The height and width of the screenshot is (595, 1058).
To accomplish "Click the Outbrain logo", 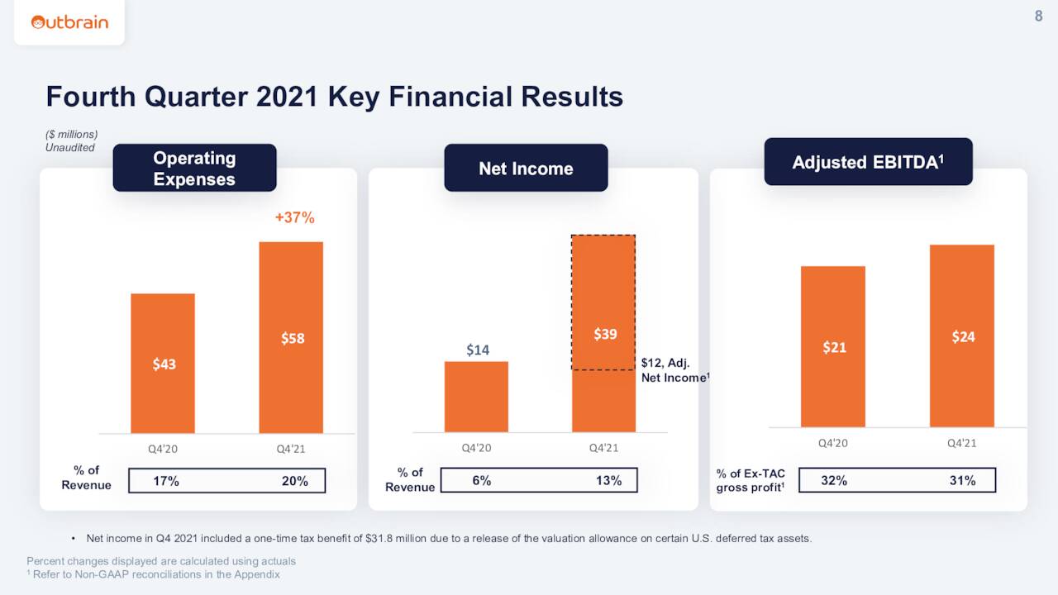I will pyautogui.click(x=69, y=22).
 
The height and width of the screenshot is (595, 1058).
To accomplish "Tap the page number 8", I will pyautogui.click(x=1038, y=16).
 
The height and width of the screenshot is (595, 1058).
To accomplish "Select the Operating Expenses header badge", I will pyautogui.click(x=194, y=169).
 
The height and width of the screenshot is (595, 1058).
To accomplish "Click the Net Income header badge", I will pyautogui.click(x=526, y=169).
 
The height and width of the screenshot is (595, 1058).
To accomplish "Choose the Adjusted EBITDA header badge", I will pyautogui.click(x=868, y=162).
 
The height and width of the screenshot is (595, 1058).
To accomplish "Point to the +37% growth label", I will pyautogui.click(x=294, y=218).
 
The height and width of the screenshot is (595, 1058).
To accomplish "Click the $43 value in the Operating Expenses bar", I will pyautogui.click(x=164, y=364).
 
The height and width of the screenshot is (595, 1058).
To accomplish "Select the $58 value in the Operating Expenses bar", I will pyautogui.click(x=293, y=338).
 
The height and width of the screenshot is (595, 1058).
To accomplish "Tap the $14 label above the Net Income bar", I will pyautogui.click(x=477, y=350).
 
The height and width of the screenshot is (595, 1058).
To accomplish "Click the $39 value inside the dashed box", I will pyautogui.click(x=605, y=334).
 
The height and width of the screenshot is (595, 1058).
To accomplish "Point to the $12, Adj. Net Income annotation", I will pyautogui.click(x=674, y=370).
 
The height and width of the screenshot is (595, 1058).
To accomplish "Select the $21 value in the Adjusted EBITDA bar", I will pyautogui.click(x=834, y=347).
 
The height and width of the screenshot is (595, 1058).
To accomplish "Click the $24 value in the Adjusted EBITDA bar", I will pyautogui.click(x=963, y=336).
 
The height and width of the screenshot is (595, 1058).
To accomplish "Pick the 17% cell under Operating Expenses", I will pyautogui.click(x=166, y=481).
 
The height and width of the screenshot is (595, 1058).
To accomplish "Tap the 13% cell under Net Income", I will pyautogui.click(x=608, y=481).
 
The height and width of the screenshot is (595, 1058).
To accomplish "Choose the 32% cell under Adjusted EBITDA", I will pyautogui.click(x=833, y=480).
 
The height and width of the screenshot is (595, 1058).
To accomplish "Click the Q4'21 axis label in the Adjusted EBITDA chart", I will pyautogui.click(x=961, y=443).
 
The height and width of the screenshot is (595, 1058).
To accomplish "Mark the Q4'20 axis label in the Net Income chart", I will pyautogui.click(x=476, y=448).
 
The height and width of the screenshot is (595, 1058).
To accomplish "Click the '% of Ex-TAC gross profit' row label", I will pyautogui.click(x=751, y=480).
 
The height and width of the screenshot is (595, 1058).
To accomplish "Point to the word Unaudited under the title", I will pyautogui.click(x=70, y=148).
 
